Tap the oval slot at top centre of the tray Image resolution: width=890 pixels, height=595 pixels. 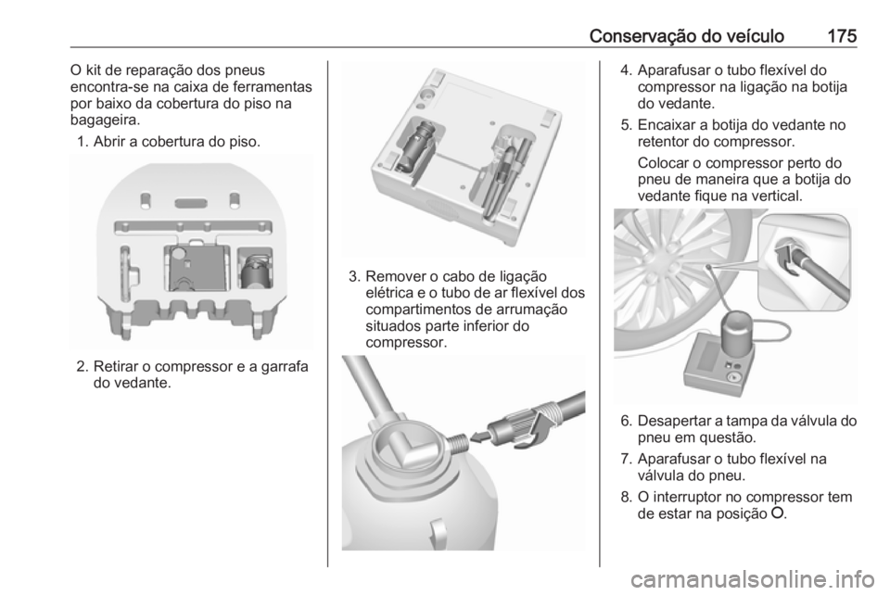192,201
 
